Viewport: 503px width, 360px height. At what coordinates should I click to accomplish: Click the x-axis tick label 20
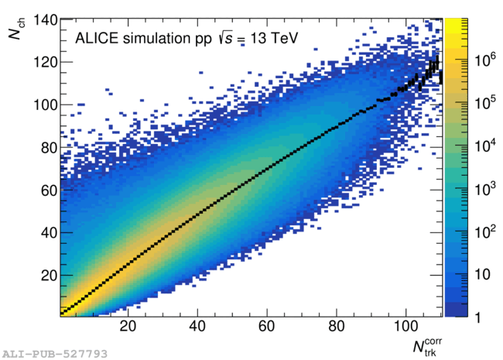(x=128, y=326)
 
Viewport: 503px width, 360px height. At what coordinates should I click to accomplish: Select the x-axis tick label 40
(x=197, y=326)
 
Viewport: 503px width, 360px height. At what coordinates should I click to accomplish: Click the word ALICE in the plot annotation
(x=92, y=38)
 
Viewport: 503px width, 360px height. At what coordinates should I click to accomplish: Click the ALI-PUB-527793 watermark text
(x=53, y=353)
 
